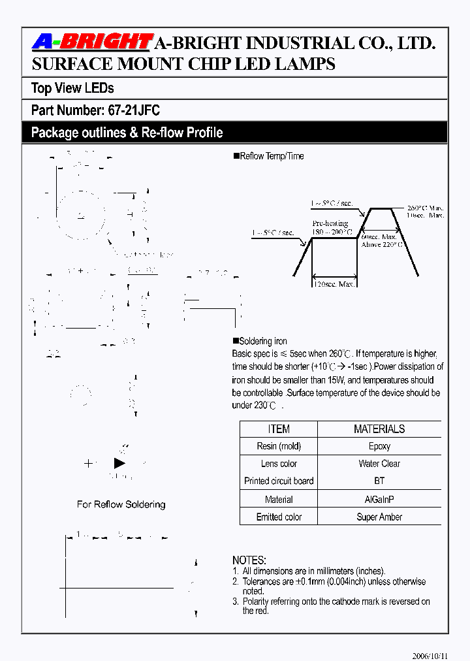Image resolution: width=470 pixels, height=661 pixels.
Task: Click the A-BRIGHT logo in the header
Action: point(91,43)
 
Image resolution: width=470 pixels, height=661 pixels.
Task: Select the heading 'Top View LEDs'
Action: point(72,88)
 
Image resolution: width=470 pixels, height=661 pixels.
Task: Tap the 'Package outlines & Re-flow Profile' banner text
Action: point(127,133)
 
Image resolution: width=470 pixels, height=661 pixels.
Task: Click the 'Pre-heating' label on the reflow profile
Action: point(330,223)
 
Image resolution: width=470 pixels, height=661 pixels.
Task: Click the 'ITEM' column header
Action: point(279,429)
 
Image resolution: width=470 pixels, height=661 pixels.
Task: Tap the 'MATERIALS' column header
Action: point(379,429)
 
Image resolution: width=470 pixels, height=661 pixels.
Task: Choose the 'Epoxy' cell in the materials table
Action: point(379,447)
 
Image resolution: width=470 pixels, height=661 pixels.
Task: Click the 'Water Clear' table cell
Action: point(379,464)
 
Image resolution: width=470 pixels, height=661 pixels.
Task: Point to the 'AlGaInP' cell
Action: point(379,500)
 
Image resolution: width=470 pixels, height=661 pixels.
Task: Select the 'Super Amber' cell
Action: point(379,517)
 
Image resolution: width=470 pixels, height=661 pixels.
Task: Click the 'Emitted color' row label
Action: point(279,517)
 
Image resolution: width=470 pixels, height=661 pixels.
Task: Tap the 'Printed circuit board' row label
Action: point(279,481)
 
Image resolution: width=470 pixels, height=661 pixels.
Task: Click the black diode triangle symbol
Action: point(119,463)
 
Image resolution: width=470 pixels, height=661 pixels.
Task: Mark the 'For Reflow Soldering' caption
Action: point(121,504)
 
